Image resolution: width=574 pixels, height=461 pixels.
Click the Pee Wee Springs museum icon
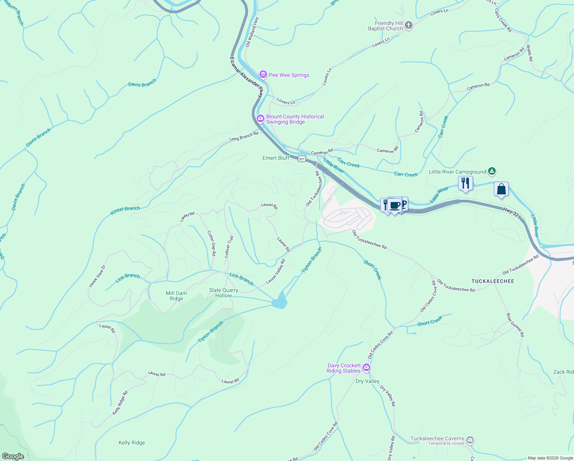(263, 75)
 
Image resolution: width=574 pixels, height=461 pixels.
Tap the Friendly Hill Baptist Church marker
(409, 26)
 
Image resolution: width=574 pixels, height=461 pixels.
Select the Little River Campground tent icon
(492, 171)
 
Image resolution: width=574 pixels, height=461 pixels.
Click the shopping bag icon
(501, 189)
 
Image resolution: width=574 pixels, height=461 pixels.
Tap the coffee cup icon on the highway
(394, 205)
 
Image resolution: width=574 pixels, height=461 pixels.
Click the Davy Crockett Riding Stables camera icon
(366, 368)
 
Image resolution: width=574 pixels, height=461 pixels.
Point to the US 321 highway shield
(302, 159)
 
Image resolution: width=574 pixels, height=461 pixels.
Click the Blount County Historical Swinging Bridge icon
(261, 119)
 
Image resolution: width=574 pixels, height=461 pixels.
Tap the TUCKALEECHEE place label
(493, 281)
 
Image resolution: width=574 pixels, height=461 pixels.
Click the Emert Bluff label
(276, 158)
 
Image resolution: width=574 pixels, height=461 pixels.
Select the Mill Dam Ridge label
(176, 296)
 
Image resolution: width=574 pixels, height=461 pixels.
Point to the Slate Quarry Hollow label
(223, 293)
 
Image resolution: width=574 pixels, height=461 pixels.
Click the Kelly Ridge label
(132, 443)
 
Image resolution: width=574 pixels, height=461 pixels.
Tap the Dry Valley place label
(367, 381)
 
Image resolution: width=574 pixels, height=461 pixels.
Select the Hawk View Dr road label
(97, 276)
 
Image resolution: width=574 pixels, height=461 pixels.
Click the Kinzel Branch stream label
(125, 211)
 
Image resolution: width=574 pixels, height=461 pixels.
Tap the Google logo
(13, 456)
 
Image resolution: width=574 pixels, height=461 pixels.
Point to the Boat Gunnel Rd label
(515, 325)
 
